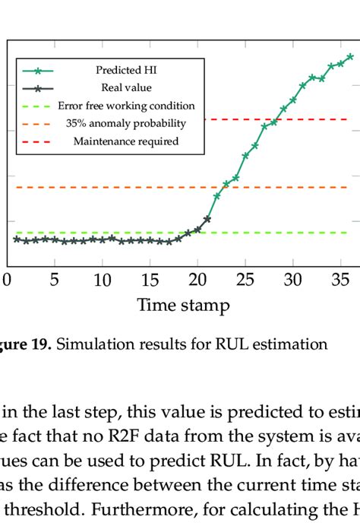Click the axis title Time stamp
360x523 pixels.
coord(183,306)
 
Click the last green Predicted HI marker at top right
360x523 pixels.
coord(350,56)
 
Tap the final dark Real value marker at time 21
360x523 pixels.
coord(207,219)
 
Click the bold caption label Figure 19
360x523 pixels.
coord(27,344)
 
